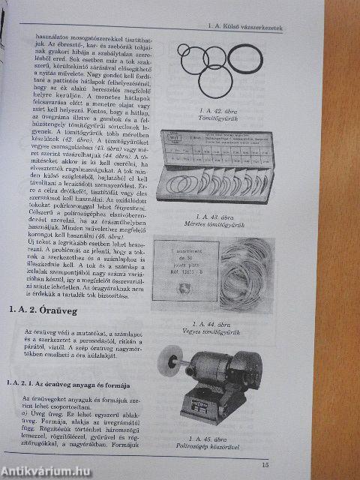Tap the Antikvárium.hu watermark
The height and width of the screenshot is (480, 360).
(46, 470)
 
